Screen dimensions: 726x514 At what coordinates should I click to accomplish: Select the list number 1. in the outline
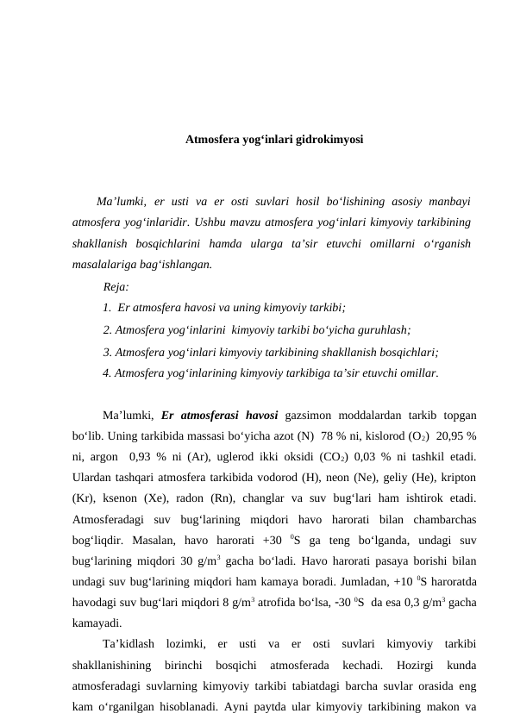(107, 308)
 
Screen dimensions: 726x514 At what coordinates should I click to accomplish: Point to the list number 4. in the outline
(107, 373)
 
